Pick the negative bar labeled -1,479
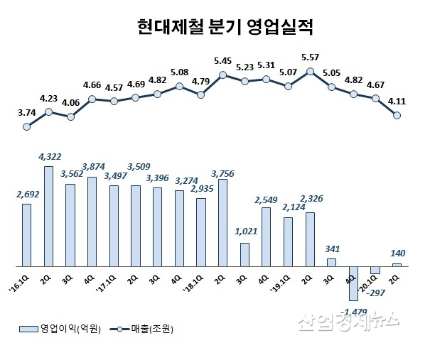353,283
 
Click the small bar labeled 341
331,262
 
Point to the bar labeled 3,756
222,222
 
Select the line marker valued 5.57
310,71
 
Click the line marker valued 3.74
27,127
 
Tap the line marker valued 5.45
222,75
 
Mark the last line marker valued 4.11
397,116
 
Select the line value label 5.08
179,72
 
